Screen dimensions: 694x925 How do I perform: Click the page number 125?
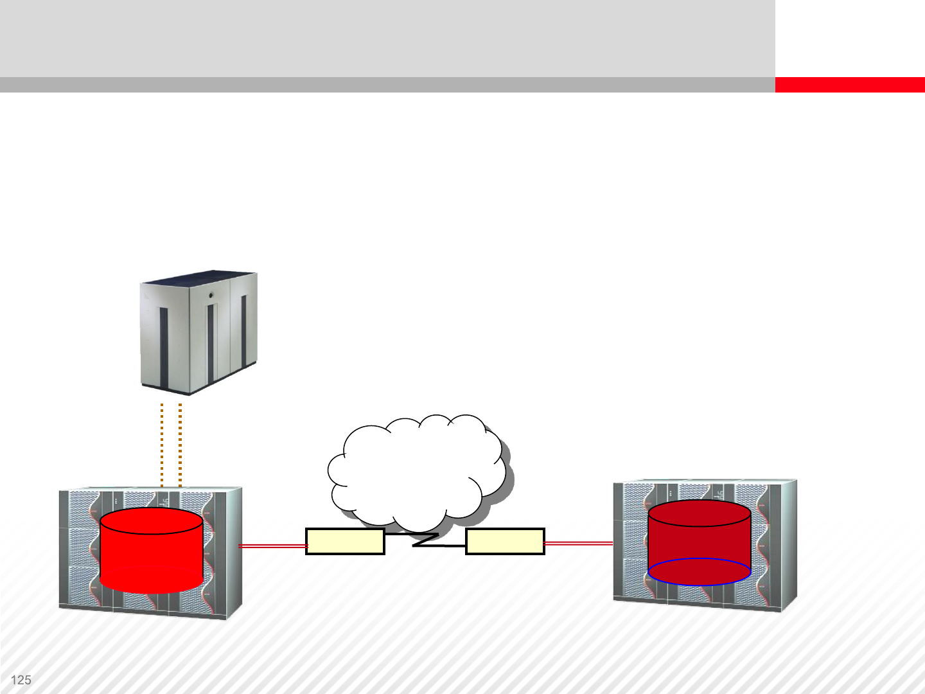(21, 680)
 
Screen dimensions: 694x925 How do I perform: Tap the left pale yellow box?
(345, 541)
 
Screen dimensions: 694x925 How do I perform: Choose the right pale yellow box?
(505, 541)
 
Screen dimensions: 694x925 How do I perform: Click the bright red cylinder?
(152, 559)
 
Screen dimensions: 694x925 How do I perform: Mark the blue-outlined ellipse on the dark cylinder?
(700, 571)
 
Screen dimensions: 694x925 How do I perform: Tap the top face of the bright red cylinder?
(152, 521)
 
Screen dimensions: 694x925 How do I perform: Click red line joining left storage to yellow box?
(272, 546)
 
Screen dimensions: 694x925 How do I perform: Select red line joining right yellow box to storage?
(578, 544)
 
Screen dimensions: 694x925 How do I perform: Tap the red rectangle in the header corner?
(849, 85)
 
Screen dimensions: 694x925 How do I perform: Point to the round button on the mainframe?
(211, 295)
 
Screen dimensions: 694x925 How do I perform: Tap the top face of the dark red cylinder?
(700, 513)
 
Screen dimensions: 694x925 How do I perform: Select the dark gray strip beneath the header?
(385, 85)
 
